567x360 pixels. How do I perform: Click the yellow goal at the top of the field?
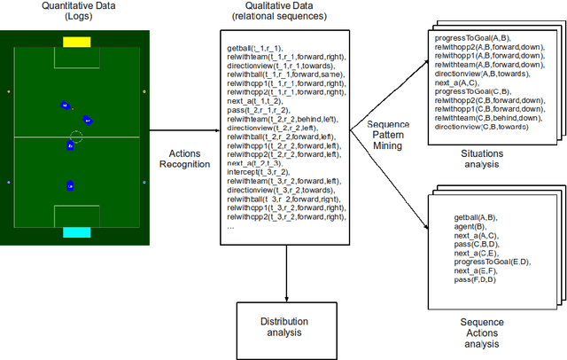tap(77, 41)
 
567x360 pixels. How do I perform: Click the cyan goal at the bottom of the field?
tap(77, 232)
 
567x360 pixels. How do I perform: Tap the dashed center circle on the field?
tap(77, 137)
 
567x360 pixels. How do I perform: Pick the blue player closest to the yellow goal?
tap(65, 106)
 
